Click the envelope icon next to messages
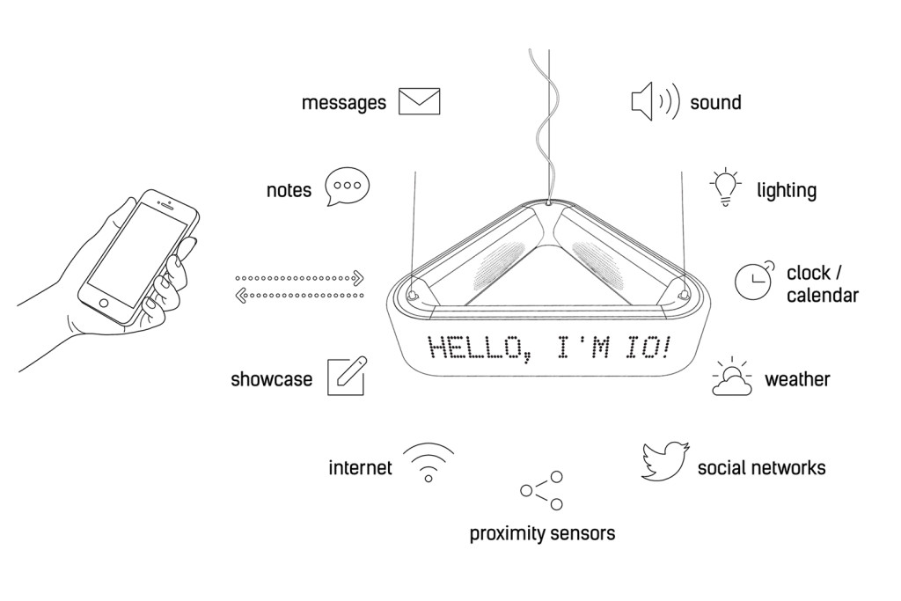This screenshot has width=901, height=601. point(420,101)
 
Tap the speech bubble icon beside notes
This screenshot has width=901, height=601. point(347,187)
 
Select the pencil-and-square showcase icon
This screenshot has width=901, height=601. point(347,377)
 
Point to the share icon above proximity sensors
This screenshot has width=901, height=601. point(542,491)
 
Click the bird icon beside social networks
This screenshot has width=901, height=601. point(665,461)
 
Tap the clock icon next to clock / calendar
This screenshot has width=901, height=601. point(754,281)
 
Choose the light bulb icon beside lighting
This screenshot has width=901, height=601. point(726,187)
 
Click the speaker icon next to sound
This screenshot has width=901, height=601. point(655,101)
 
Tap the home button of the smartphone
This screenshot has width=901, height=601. point(104,303)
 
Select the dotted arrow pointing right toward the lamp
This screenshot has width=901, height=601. point(299,278)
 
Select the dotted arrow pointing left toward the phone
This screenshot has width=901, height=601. point(299,296)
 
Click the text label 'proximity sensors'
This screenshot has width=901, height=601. point(542,534)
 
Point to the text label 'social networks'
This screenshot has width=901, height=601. point(761,468)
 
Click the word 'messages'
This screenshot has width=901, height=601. point(344,104)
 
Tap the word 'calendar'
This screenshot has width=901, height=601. point(823,296)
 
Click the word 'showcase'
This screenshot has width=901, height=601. point(271,379)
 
